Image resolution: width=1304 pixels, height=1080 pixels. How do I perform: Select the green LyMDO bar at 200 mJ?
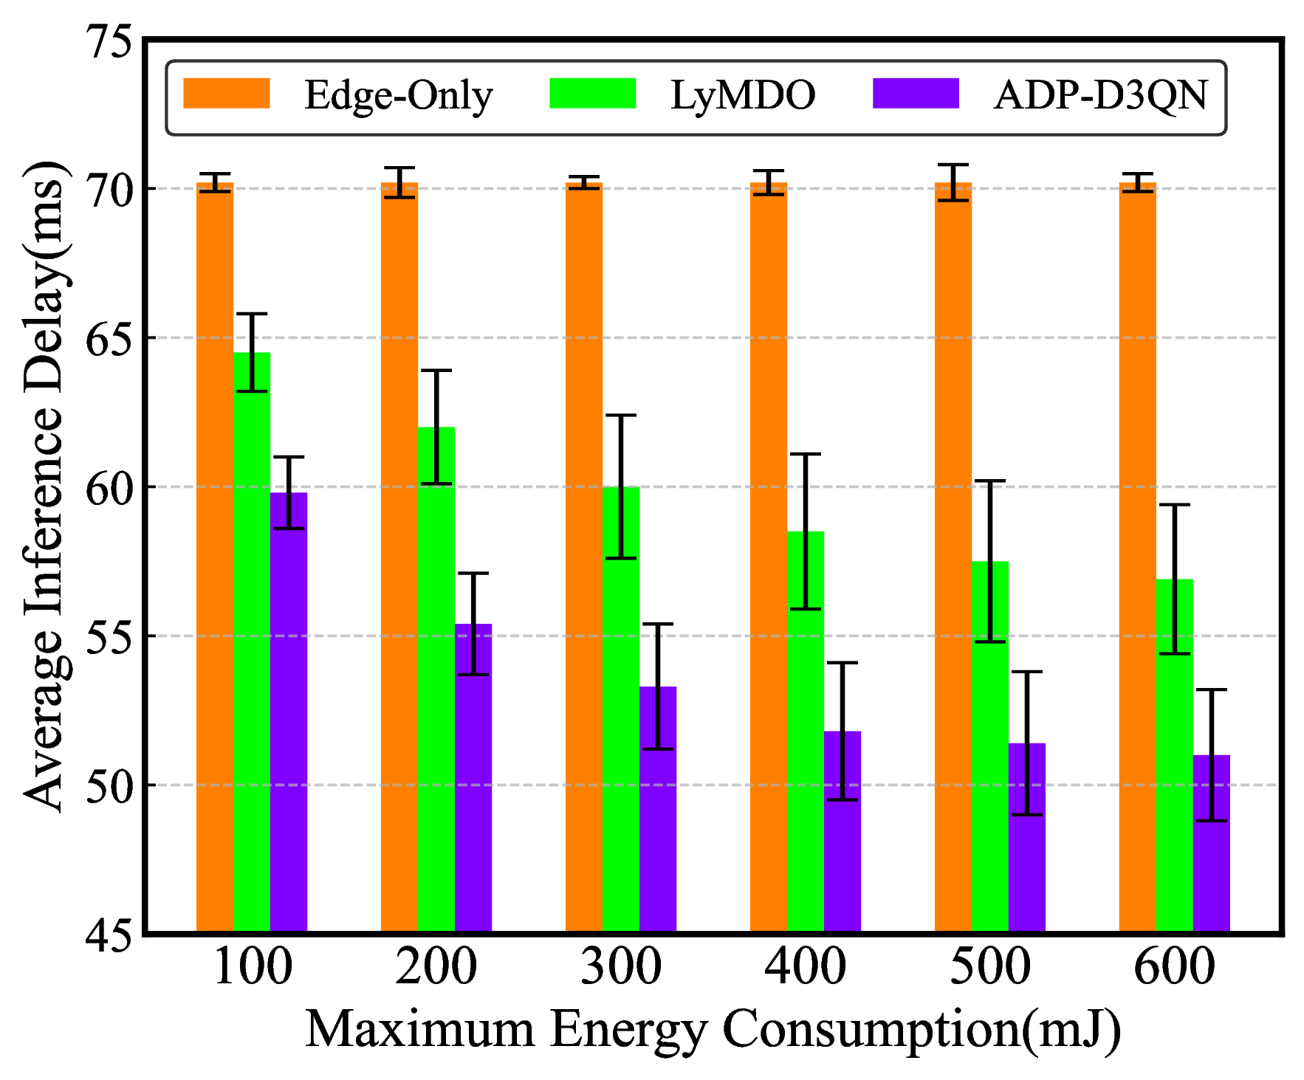(x=436, y=679)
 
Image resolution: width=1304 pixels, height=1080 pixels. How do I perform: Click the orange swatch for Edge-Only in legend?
(x=226, y=94)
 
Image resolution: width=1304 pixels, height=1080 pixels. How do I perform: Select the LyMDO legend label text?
(x=742, y=95)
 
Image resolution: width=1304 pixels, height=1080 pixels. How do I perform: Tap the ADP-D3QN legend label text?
(x=1100, y=95)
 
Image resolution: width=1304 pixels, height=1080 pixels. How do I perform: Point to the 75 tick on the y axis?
(x=111, y=40)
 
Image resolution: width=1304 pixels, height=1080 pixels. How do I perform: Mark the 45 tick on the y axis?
(x=111, y=935)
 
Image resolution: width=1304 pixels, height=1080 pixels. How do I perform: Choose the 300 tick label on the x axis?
(x=621, y=967)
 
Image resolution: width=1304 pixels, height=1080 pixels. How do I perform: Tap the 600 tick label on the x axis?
(x=1174, y=967)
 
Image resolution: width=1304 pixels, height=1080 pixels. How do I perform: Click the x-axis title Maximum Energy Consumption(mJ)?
(x=713, y=1029)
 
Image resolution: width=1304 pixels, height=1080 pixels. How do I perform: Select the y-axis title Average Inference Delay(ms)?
(x=46, y=487)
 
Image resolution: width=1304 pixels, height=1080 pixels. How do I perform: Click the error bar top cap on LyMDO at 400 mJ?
(x=806, y=455)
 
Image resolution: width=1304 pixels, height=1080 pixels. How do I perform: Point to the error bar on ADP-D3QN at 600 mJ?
(x=1211, y=754)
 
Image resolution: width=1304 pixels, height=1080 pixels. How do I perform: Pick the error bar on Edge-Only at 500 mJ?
(x=953, y=182)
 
